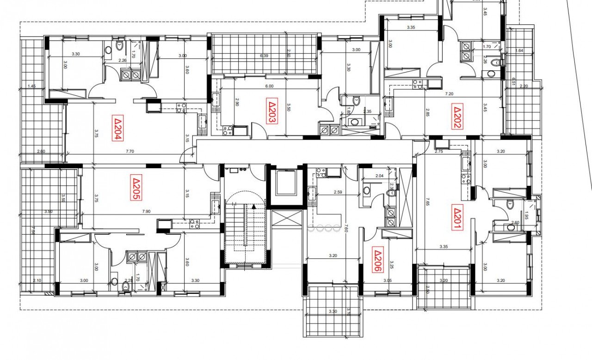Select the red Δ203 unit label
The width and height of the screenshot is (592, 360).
pos(272,111)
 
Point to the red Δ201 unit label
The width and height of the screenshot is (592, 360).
pos(457,219)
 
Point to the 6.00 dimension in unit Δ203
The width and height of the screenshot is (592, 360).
pos(269,86)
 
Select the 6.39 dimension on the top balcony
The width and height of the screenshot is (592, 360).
pos(264,55)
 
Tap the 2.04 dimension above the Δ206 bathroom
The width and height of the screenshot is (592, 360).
pos(379,176)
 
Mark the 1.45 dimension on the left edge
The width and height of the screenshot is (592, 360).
pos(31,86)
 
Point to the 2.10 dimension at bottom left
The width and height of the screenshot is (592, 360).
pos(37,281)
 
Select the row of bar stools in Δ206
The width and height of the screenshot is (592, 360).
pos(323,228)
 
